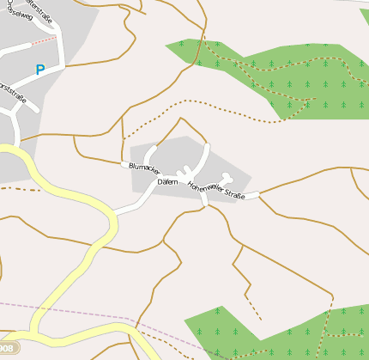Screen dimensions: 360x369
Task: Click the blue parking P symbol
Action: (x=39, y=70)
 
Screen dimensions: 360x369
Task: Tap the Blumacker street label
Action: (x=144, y=168)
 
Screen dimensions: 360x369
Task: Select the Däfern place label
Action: (x=166, y=182)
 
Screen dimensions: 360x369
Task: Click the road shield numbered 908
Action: (x=6, y=348)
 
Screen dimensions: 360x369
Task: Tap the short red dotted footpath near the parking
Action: (x=43, y=40)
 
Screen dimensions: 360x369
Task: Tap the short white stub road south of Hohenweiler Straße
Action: (x=203, y=198)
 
